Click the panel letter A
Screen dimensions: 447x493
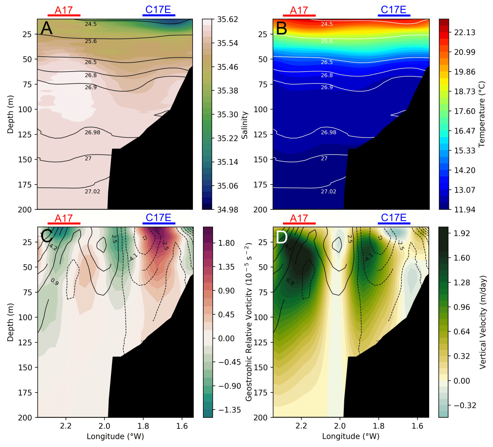(x=47, y=28)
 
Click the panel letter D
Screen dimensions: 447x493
(x=282, y=237)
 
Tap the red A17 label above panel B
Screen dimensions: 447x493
(x=299, y=10)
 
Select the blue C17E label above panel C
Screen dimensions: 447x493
(x=158, y=218)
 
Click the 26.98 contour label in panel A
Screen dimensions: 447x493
(x=92, y=132)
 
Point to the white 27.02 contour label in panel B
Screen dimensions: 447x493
(x=328, y=192)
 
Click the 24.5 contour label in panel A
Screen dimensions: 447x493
(x=91, y=24)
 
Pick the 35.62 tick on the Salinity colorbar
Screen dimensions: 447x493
(x=227, y=19)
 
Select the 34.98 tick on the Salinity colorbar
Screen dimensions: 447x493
(x=227, y=209)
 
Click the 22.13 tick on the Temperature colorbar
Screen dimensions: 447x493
(x=464, y=33)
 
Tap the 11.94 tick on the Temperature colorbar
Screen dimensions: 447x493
(x=464, y=209)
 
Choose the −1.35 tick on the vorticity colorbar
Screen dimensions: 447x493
(x=229, y=410)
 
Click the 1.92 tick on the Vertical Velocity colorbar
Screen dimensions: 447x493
(x=462, y=234)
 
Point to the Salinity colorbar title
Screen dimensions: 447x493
(x=244, y=125)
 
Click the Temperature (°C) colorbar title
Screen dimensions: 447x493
(x=482, y=114)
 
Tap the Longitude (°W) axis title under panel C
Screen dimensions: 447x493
(x=115, y=436)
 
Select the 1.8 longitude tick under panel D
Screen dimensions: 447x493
(x=379, y=426)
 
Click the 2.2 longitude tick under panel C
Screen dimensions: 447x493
(x=66, y=426)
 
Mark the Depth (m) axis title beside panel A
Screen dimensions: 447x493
(x=10, y=114)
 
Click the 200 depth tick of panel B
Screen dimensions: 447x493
(x=260, y=209)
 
